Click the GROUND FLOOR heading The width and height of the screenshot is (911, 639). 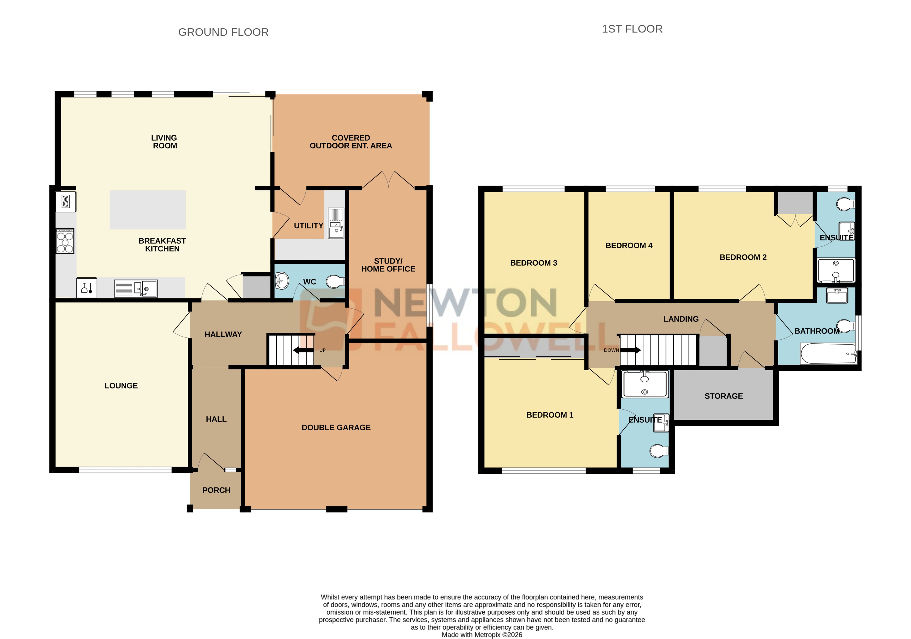tap(223, 32)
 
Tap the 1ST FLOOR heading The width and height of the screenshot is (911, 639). tap(632, 29)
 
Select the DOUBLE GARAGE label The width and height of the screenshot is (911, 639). tap(336, 428)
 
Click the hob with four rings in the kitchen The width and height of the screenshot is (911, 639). tap(65, 241)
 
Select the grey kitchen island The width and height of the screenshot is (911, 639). tap(147, 210)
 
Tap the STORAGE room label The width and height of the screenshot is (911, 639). tap(723, 396)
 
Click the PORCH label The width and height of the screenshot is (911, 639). tap(216, 490)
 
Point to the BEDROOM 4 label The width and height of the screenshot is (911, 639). tap(629, 246)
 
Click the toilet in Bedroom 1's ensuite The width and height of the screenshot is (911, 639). tap(658, 451)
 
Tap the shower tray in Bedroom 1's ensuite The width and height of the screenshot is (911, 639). tap(645, 384)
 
